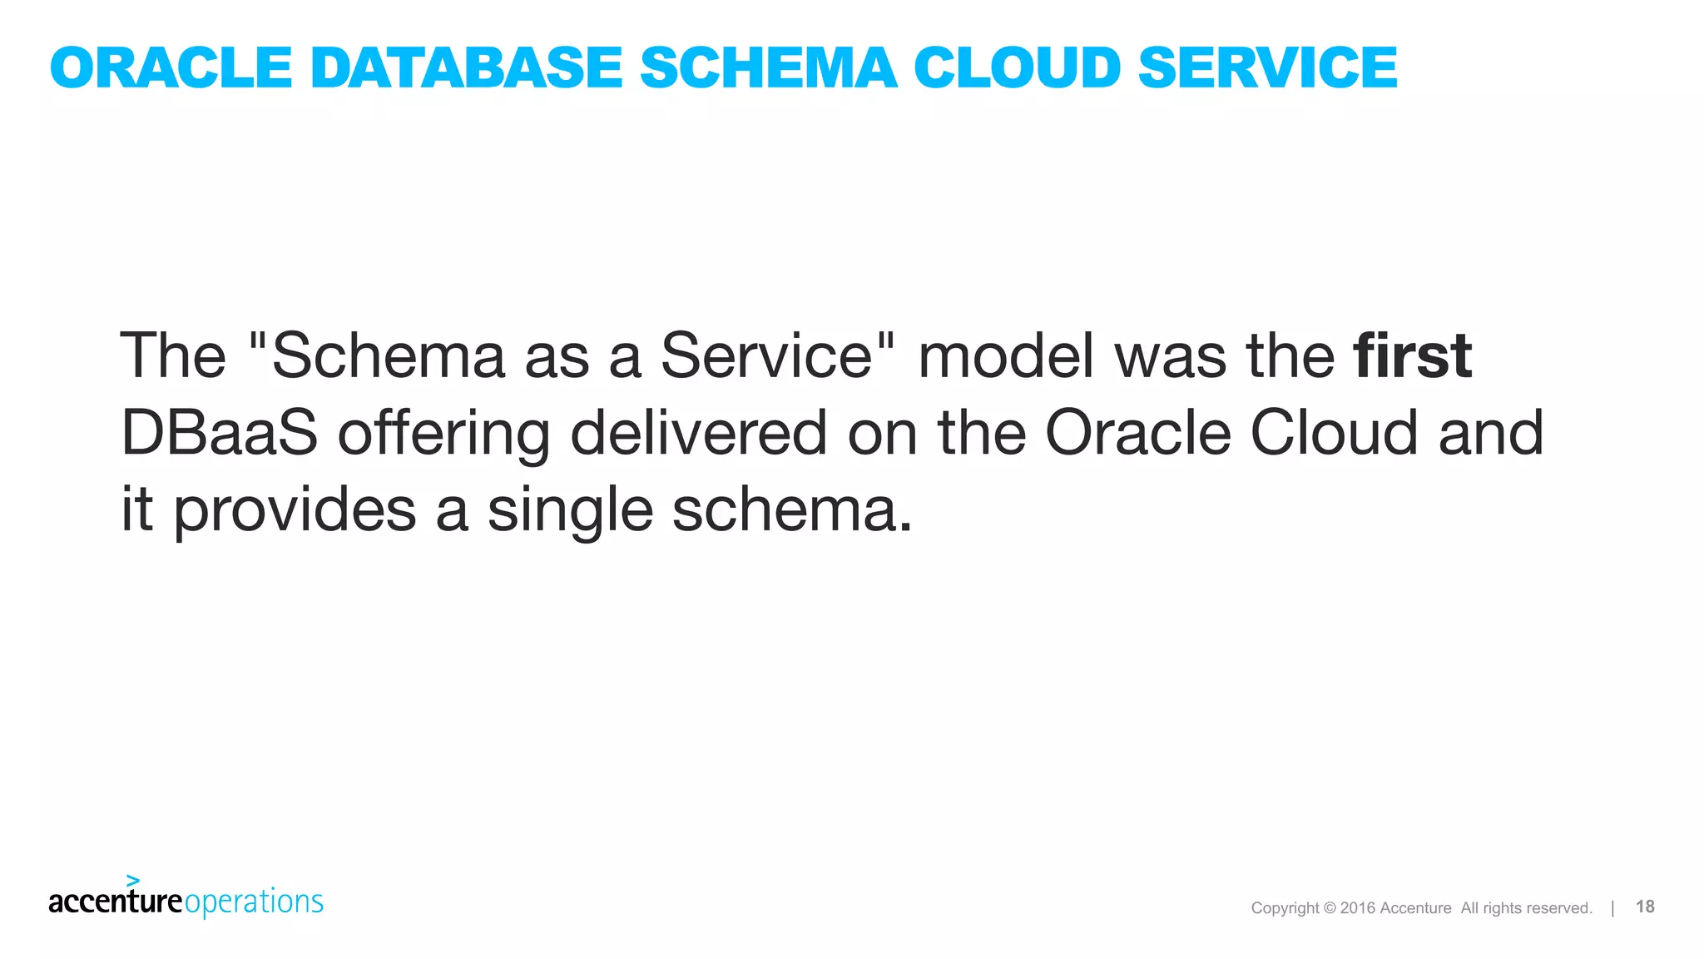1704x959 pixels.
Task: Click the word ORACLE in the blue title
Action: click(x=171, y=67)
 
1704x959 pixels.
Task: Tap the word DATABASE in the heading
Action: click(x=466, y=67)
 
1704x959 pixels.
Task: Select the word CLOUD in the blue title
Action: click(x=1017, y=67)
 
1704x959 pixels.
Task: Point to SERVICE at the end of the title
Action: click(x=1267, y=67)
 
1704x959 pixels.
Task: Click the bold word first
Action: click(x=1412, y=356)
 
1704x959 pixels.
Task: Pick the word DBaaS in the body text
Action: click(x=219, y=433)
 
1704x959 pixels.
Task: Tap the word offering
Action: click(x=443, y=435)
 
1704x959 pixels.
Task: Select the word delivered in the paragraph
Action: click(x=698, y=433)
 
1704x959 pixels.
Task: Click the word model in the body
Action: click(x=1006, y=356)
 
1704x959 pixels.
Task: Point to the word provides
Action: click(x=295, y=511)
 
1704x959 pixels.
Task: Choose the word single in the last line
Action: click(x=570, y=511)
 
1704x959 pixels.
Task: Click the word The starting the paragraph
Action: click(x=173, y=356)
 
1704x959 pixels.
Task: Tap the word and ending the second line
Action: click(x=1490, y=433)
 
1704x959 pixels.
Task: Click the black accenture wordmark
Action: click(x=115, y=902)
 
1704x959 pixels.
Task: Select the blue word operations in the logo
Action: click(x=254, y=902)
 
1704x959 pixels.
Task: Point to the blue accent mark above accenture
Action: click(x=133, y=880)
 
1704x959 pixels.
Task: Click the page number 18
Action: click(x=1645, y=907)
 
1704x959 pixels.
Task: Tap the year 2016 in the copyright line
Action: click(x=1358, y=908)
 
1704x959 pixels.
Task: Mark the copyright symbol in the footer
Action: click(x=1329, y=908)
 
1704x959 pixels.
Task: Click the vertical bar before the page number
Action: click(x=1612, y=907)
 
